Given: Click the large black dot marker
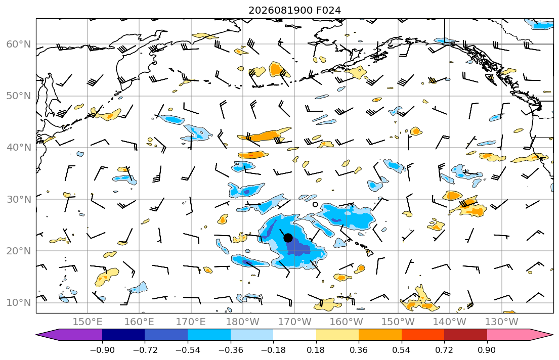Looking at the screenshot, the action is point(288,238).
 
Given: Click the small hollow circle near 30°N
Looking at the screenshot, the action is point(315,205).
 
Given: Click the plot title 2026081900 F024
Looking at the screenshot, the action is point(294,10).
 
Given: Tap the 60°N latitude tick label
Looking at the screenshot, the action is point(19,44).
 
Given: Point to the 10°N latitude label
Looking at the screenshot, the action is point(19,303).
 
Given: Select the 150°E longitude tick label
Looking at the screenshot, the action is point(88,322).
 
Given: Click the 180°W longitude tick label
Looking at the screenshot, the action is point(243,322).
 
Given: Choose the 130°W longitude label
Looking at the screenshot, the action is point(502,322).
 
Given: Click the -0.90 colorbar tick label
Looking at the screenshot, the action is point(102,350).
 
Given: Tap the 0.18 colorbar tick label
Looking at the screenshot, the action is point(316,350).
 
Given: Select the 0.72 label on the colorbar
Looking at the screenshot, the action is point(444,350).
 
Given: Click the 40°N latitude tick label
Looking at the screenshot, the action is point(19,148).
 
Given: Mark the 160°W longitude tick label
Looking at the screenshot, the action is point(346,322).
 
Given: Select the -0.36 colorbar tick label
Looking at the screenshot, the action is point(231,350).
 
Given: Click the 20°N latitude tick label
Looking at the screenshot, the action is point(19,251).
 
